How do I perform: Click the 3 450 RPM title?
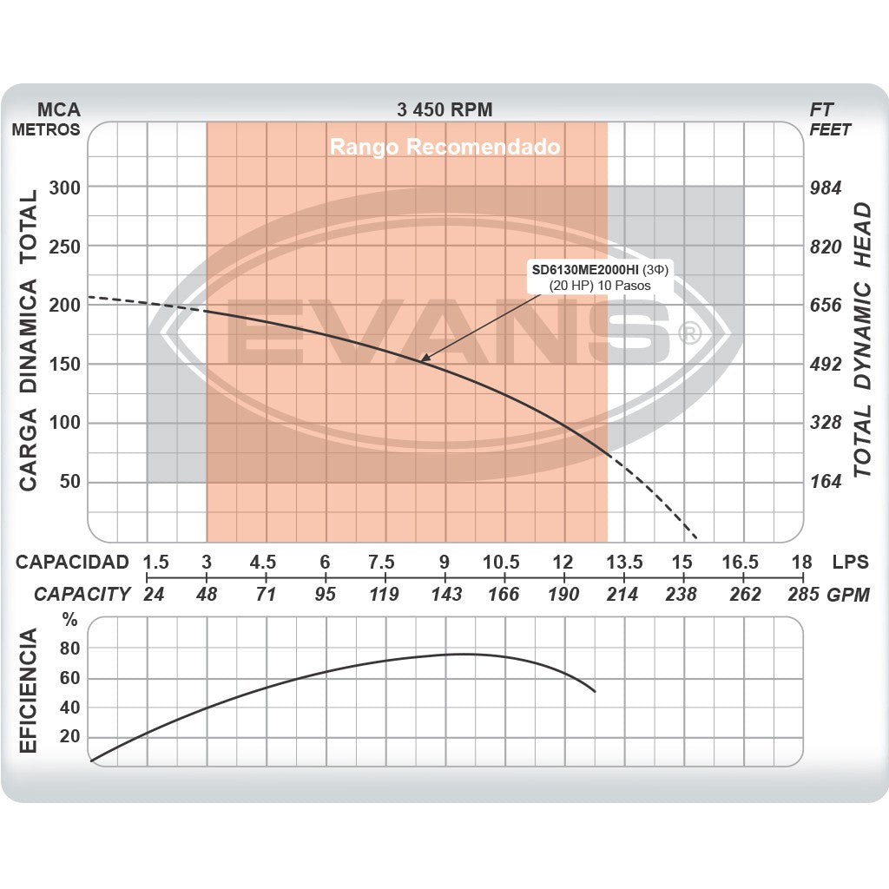pyautogui.click(x=444, y=109)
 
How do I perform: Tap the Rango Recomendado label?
pyautogui.click(x=444, y=147)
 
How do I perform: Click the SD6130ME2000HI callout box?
pyautogui.click(x=603, y=277)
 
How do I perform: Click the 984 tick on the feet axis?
pyautogui.click(x=826, y=188)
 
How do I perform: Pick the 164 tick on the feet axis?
pyautogui.click(x=826, y=482)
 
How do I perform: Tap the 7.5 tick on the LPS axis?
pyautogui.click(x=383, y=562)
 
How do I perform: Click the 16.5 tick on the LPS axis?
pyautogui.click(x=741, y=562)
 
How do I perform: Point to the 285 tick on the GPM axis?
pyautogui.click(x=802, y=595)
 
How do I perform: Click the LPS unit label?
pyautogui.click(x=850, y=562)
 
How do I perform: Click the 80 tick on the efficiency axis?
pyautogui.click(x=69, y=649)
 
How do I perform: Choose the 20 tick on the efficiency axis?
pyautogui.click(x=69, y=737)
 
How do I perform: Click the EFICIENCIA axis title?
pyautogui.click(x=29, y=692)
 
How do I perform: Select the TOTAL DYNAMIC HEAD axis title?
pyautogui.click(x=861, y=339)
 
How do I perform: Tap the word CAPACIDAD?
pyautogui.click(x=73, y=562)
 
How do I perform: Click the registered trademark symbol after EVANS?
pyautogui.click(x=688, y=333)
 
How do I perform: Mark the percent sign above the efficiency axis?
pyautogui.click(x=69, y=620)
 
